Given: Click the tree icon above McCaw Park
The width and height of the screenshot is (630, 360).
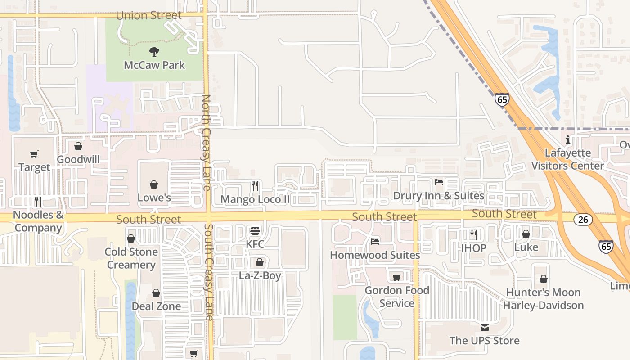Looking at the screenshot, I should tap(154, 52).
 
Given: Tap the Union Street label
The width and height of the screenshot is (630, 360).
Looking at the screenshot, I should tap(148, 15).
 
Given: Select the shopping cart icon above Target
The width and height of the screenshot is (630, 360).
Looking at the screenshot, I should tap(34, 154).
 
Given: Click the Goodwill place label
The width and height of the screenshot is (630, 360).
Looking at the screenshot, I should tap(78, 160).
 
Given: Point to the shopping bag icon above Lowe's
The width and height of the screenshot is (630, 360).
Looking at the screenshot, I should tap(154, 184).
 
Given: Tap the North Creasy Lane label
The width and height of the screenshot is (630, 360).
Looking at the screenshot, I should tap(207, 142).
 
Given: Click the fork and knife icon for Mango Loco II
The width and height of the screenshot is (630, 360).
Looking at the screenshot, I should tap(255, 186).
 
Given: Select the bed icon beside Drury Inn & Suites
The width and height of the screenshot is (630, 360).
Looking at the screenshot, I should tap(439, 182).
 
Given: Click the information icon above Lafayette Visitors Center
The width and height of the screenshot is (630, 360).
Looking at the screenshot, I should tap(568, 139).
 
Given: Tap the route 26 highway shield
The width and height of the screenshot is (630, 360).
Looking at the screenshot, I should tap(583, 220).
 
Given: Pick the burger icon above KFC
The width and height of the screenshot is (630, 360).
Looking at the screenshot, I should tap(255, 231).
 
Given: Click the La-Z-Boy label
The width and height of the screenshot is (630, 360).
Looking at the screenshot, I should tap(260, 275).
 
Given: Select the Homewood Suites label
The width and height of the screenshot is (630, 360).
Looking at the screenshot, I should tap(375, 255).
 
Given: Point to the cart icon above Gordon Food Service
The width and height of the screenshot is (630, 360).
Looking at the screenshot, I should tap(396, 277).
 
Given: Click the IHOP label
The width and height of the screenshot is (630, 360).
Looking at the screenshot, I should tap(473, 248).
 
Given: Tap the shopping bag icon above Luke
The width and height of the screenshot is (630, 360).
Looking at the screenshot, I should tap(526, 234).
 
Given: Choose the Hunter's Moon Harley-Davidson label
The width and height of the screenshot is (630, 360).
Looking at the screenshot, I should tap(543, 299).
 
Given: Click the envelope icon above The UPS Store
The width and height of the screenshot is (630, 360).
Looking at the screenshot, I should tap(484, 327).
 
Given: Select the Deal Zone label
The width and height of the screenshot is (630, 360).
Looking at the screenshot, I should tap(156, 306).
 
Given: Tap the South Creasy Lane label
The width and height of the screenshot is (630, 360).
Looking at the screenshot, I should tap(209, 272).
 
